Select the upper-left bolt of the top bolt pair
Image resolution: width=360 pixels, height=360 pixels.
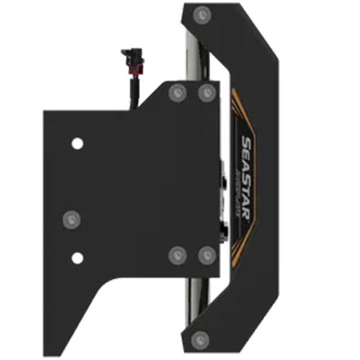tap(177, 92)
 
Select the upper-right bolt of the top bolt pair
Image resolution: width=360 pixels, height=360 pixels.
tap(206, 92)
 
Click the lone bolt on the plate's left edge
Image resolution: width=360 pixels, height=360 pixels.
tap(71, 219)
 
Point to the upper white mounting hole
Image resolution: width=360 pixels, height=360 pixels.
tap(77, 143)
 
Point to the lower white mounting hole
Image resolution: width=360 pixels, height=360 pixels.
tap(77, 258)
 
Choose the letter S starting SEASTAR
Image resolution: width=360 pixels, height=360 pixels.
tap(247, 142)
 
